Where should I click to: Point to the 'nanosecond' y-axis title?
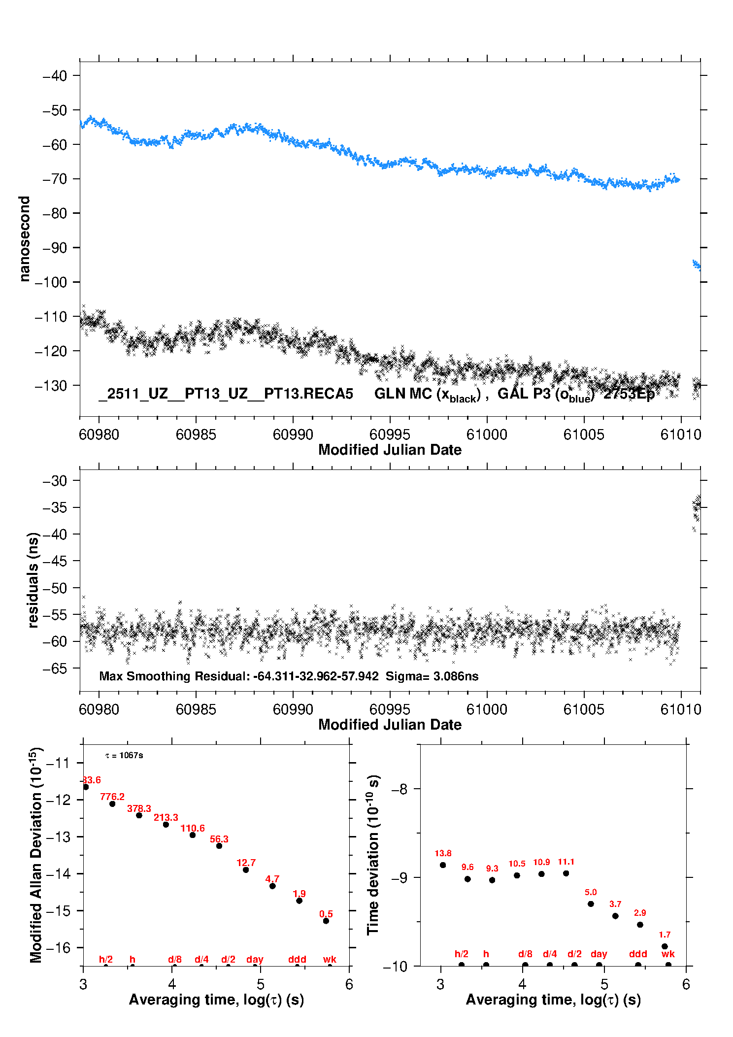pos(24,239)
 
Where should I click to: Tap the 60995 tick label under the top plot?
pos(390,435)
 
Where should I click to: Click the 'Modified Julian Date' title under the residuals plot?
pos(390,725)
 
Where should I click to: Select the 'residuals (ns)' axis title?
pos(33,580)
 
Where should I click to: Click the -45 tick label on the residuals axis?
pos(55,561)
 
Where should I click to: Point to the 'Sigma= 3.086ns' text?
pos(432,676)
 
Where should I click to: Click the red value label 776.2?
pos(112,797)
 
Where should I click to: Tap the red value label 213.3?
pos(166,817)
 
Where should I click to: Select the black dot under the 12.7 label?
pos(246,870)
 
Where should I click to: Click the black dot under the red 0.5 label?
pos(326,921)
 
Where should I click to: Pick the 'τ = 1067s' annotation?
pos(124,755)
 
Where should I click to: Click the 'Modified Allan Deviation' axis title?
pos(36,855)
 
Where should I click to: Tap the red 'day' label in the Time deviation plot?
pos(599,954)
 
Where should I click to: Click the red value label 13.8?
pos(443,853)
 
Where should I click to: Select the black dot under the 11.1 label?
pos(566,873)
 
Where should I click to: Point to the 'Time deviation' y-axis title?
pos(373,855)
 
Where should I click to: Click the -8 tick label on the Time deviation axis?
pos(399,789)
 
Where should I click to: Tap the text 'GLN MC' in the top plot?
pos(403,394)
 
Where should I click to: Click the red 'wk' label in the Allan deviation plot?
pos(330,959)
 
